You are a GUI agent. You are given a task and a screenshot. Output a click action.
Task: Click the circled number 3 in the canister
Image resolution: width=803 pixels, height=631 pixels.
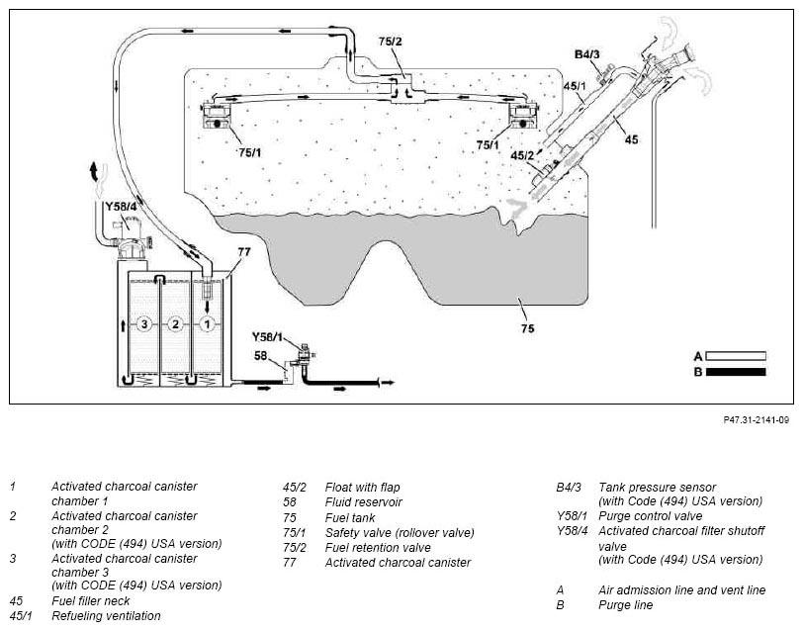click(x=144, y=324)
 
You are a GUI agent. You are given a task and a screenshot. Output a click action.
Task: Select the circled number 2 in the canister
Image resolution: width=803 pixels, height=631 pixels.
click(x=176, y=324)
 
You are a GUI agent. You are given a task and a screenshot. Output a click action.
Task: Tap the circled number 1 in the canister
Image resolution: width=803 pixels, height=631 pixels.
click(x=207, y=324)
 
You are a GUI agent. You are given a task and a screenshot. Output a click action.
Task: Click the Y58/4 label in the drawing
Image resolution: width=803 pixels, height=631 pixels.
click(x=121, y=207)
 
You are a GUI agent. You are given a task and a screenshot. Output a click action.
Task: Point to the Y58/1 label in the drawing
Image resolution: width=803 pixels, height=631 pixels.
click(x=267, y=337)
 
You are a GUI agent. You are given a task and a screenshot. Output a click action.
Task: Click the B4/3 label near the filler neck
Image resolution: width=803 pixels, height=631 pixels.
click(x=586, y=54)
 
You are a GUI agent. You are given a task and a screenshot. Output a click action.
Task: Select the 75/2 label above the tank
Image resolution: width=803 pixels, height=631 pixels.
click(x=391, y=42)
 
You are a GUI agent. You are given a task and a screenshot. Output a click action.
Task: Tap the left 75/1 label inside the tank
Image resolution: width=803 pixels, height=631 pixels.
click(x=250, y=152)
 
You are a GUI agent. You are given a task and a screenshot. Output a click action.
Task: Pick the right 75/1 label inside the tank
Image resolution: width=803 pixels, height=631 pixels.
click(x=487, y=145)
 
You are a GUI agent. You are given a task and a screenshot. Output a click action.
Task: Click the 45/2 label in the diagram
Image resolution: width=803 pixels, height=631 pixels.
click(x=522, y=155)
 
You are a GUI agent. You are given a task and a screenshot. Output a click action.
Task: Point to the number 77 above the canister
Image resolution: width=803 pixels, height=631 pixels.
click(x=244, y=252)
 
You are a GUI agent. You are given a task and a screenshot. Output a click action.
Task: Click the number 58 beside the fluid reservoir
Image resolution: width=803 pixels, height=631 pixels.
click(x=261, y=355)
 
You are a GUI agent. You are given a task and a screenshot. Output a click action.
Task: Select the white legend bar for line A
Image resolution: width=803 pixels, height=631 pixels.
click(x=736, y=356)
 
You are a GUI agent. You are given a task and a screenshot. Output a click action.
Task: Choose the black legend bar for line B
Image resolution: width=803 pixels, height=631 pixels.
click(x=736, y=372)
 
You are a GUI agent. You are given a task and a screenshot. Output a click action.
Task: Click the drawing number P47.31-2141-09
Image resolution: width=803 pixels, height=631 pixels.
click(x=757, y=420)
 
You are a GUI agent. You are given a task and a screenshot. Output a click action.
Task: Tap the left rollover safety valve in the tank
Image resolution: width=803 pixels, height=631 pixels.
click(x=218, y=116)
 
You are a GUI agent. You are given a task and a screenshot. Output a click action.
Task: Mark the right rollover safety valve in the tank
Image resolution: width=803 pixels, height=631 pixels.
click(x=523, y=116)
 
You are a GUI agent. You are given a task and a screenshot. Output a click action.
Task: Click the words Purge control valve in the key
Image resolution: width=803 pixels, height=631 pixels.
click(x=651, y=515)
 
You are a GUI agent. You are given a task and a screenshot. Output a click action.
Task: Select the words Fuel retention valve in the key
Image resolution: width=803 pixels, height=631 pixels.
click(x=378, y=548)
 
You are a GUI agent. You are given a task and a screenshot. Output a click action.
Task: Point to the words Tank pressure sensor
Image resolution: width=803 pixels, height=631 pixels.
click(x=657, y=487)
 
